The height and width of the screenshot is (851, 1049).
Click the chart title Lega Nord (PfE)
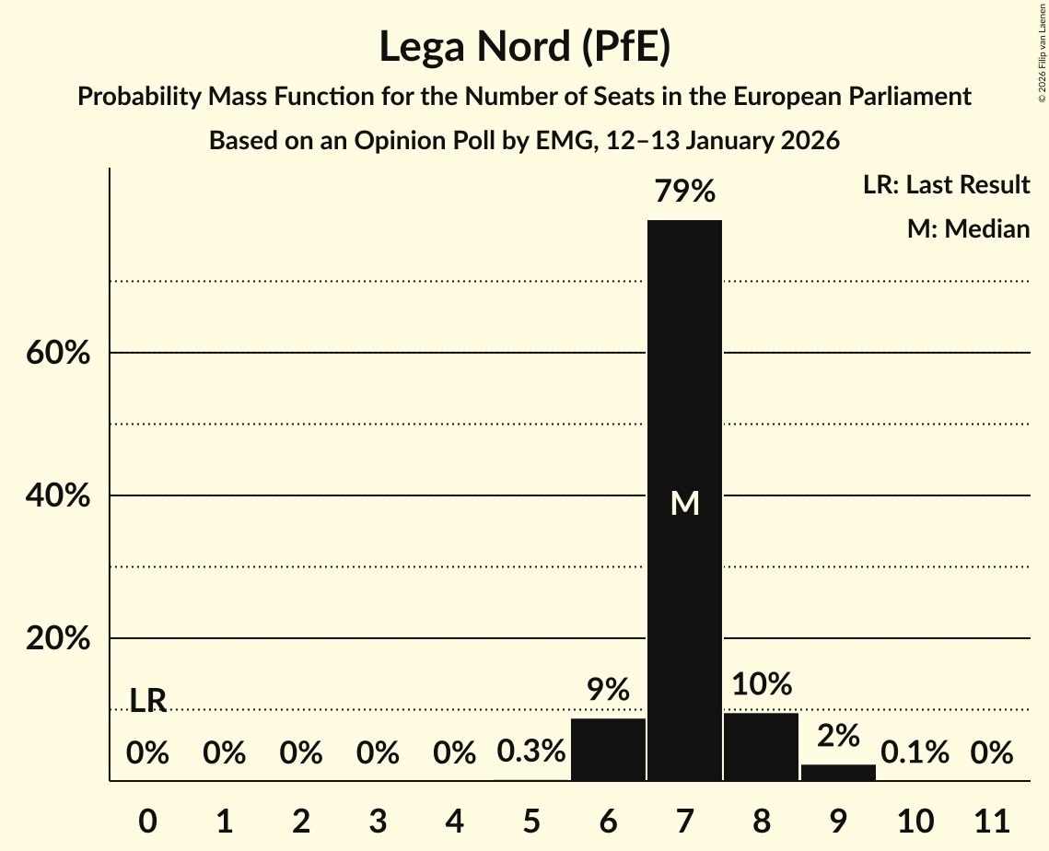[x=524, y=47]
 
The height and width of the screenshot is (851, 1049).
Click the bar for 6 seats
[x=608, y=750]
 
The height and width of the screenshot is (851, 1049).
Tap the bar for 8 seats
[x=761, y=747]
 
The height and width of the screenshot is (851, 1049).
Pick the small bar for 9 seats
[x=838, y=772]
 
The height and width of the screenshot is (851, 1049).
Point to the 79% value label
[x=684, y=192]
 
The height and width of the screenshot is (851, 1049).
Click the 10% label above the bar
[x=762, y=684]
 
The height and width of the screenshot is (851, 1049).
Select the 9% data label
[x=608, y=689]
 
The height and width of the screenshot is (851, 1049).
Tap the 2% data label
[x=838, y=736]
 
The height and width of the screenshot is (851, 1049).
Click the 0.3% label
[x=530, y=752]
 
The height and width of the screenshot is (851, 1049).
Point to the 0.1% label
[x=915, y=752]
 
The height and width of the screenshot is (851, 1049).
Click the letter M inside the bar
[x=684, y=504]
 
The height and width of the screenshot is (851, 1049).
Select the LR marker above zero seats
[x=147, y=701]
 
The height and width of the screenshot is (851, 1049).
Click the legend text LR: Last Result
[x=946, y=185]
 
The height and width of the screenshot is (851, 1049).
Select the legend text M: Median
[x=968, y=228]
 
